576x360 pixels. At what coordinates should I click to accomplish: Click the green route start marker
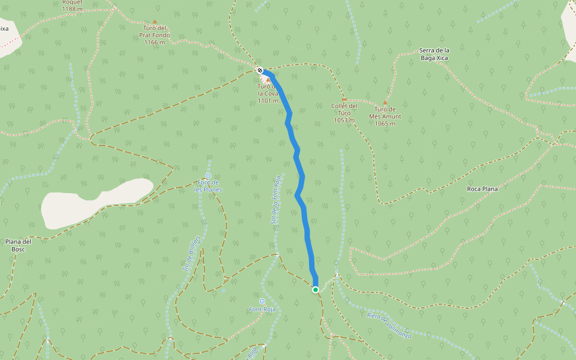[x=316, y=290]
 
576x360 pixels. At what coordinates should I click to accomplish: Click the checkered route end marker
[x=260, y=70]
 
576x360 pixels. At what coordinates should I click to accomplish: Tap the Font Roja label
[x=262, y=310]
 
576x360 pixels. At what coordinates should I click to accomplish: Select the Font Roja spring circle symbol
[x=262, y=301]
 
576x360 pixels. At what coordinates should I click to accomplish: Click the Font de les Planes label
[x=208, y=186]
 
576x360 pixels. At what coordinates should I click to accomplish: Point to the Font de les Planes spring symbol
[x=208, y=176]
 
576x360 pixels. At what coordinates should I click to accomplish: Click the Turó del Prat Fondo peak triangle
[x=154, y=22]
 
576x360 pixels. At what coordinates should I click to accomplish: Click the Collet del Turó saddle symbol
[x=344, y=100]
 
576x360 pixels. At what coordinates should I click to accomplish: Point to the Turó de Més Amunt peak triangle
[x=385, y=103]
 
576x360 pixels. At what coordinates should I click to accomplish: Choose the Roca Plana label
[x=482, y=189]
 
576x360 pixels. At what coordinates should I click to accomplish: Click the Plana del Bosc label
[x=19, y=245]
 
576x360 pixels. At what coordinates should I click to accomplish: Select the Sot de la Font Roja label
[x=276, y=199]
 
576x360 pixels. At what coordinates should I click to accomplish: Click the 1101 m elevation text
[x=268, y=101]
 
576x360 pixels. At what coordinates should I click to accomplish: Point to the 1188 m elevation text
[x=72, y=9]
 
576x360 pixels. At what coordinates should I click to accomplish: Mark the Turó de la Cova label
[x=268, y=90]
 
